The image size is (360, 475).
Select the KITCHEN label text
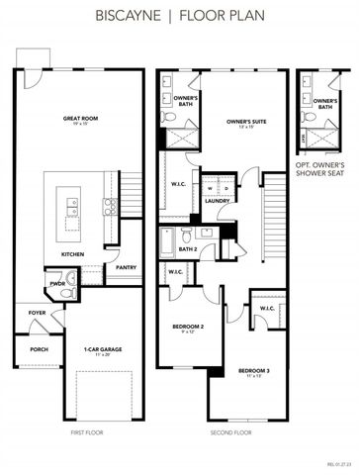(73, 253)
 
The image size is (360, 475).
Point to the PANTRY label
(126, 267)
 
